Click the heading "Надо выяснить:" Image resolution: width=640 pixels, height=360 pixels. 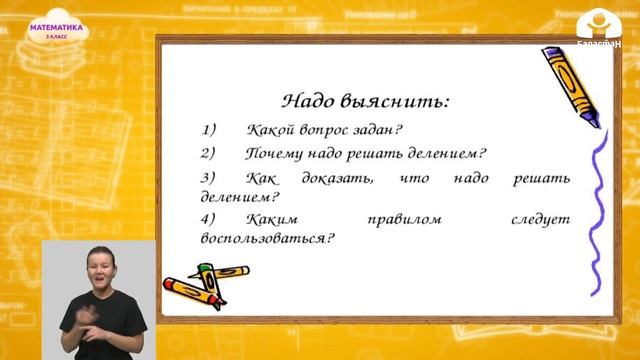[365, 101]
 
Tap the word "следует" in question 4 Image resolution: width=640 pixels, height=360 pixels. [541, 219]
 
